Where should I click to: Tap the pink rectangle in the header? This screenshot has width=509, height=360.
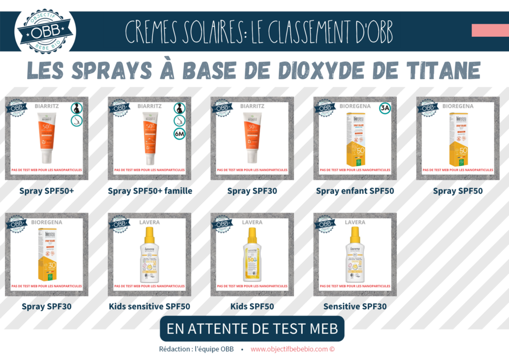point(490,30)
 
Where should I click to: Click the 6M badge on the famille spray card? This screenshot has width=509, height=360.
point(179,133)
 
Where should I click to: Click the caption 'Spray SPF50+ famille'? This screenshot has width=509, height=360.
point(150,190)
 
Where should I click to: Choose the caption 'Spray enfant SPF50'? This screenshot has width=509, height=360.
point(355,190)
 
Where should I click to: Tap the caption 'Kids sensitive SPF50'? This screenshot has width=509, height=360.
point(149,306)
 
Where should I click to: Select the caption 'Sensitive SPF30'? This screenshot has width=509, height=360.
point(355,306)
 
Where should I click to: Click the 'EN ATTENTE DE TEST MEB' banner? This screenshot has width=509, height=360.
point(252,329)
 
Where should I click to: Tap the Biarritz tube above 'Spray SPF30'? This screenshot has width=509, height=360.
point(252,137)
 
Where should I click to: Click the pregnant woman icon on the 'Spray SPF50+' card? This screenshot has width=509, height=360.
point(76,108)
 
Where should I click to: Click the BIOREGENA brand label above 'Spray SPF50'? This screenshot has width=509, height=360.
point(458,106)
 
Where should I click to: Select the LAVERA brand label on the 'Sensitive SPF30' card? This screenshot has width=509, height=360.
point(355,222)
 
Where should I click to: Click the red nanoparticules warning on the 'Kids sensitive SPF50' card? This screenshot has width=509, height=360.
point(150,286)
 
